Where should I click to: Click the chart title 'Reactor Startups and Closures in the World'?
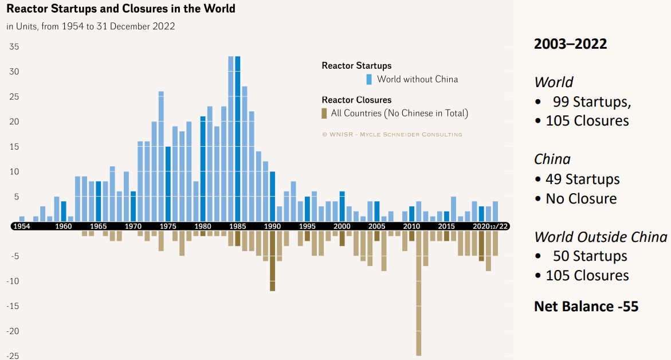pyautogui.click(x=121, y=9)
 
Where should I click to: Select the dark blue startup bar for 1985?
pyautogui.click(x=238, y=138)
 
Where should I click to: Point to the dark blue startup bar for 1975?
pyautogui.click(x=168, y=183)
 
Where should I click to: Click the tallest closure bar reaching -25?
pyautogui.click(x=419, y=292)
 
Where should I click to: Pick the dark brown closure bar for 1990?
pyautogui.click(x=273, y=261)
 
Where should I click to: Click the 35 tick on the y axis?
pyautogui.click(x=14, y=46)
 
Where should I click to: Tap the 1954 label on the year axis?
pyautogui.click(x=22, y=226)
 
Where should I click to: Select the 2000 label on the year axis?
pyautogui.click(x=342, y=226)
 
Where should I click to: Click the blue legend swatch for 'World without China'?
pyautogui.click(x=370, y=79)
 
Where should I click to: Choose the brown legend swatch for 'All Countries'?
pyautogui.click(x=324, y=113)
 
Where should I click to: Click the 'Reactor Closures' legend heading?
pyautogui.click(x=356, y=100)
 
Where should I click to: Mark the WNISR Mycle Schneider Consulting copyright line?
pyautogui.click(x=392, y=134)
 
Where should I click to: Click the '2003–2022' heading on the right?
pyautogui.click(x=570, y=44)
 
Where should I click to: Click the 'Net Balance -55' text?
pyautogui.click(x=586, y=307)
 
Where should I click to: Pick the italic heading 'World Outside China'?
pyautogui.click(x=601, y=237)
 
